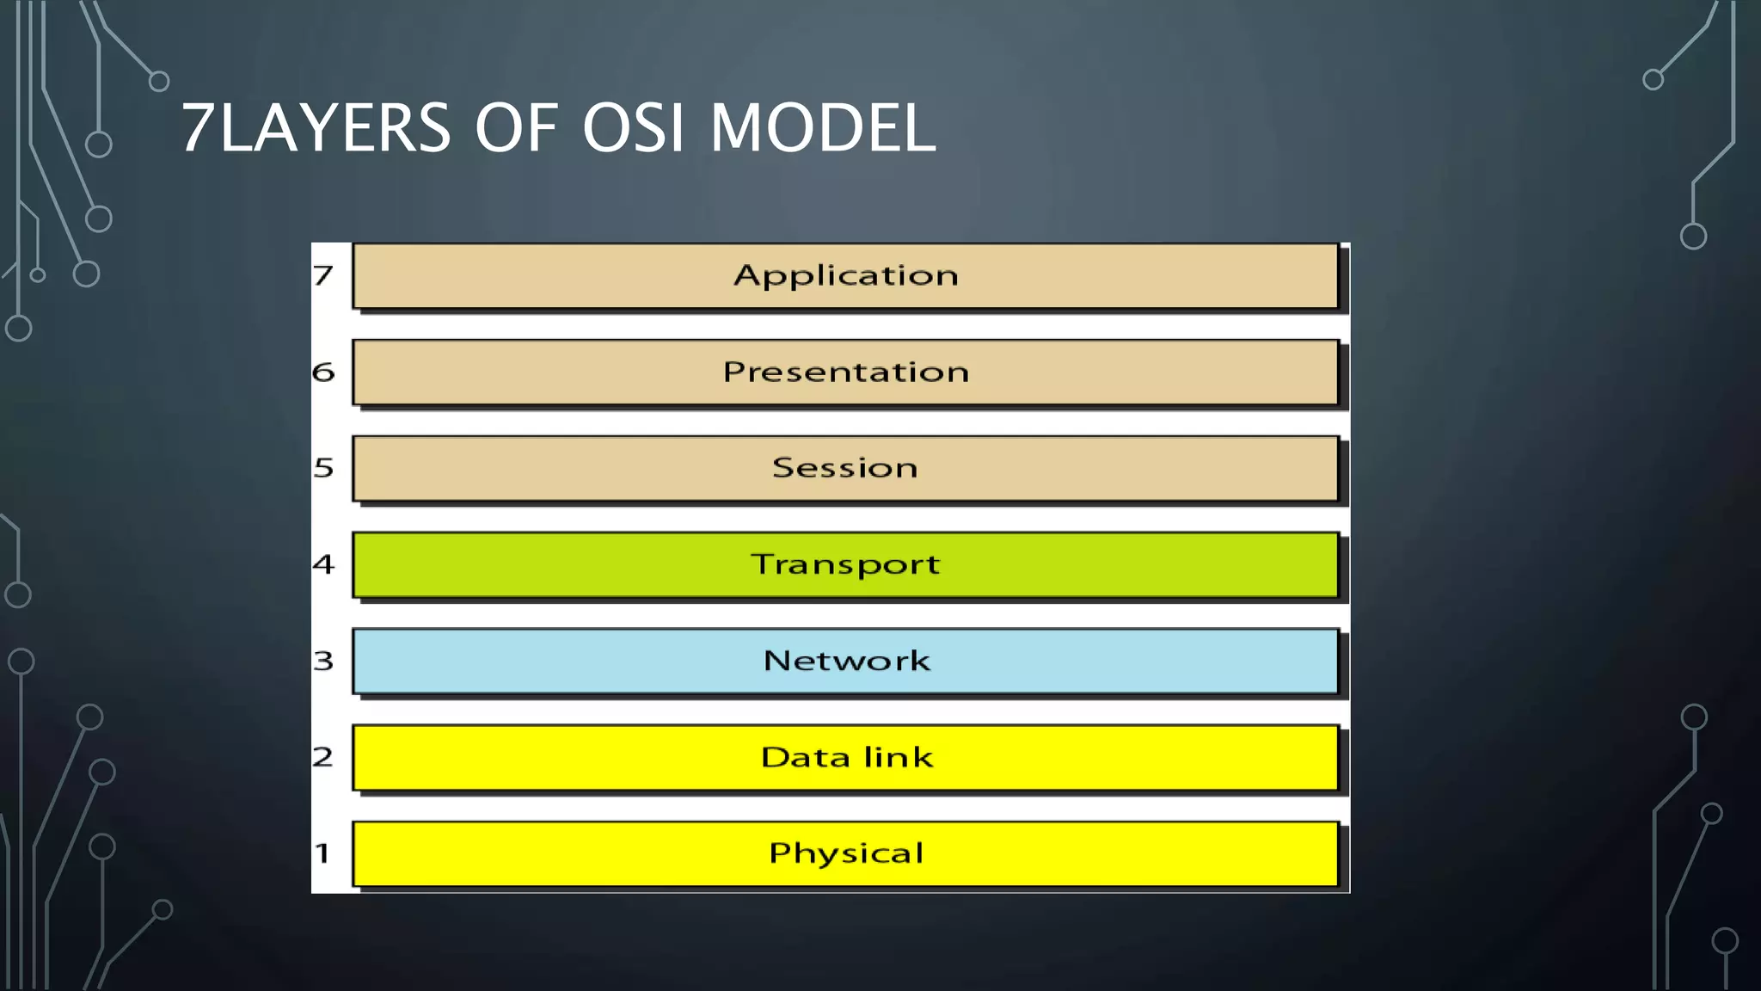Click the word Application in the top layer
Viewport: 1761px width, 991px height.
tap(845, 276)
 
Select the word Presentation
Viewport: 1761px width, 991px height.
tap(845, 372)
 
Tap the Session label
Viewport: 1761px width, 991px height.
tap(844, 467)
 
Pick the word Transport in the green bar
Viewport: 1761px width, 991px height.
tap(845, 565)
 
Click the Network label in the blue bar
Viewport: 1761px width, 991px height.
tap(846, 661)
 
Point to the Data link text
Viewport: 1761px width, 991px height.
tap(846, 757)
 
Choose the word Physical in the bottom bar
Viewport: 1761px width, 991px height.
tap(845, 853)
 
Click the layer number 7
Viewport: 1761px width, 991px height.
tap(322, 275)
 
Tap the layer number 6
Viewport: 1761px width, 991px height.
tap(322, 372)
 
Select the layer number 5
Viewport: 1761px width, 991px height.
tap(322, 467)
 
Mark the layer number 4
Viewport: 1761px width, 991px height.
tap(322, 563)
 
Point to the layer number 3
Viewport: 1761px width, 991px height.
tap(322, 661)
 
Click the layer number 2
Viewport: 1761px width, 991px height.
tap(322, 757)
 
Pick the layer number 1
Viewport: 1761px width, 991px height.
tap(322, 853)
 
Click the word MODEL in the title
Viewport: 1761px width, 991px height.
tap(823, 128)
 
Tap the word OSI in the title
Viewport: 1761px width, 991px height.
tap(633, 128)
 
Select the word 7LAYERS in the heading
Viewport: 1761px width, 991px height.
tap(316, 128)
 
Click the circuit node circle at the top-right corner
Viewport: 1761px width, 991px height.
tap(1653, 80)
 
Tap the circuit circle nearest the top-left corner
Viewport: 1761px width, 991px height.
tap(159, 82)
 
